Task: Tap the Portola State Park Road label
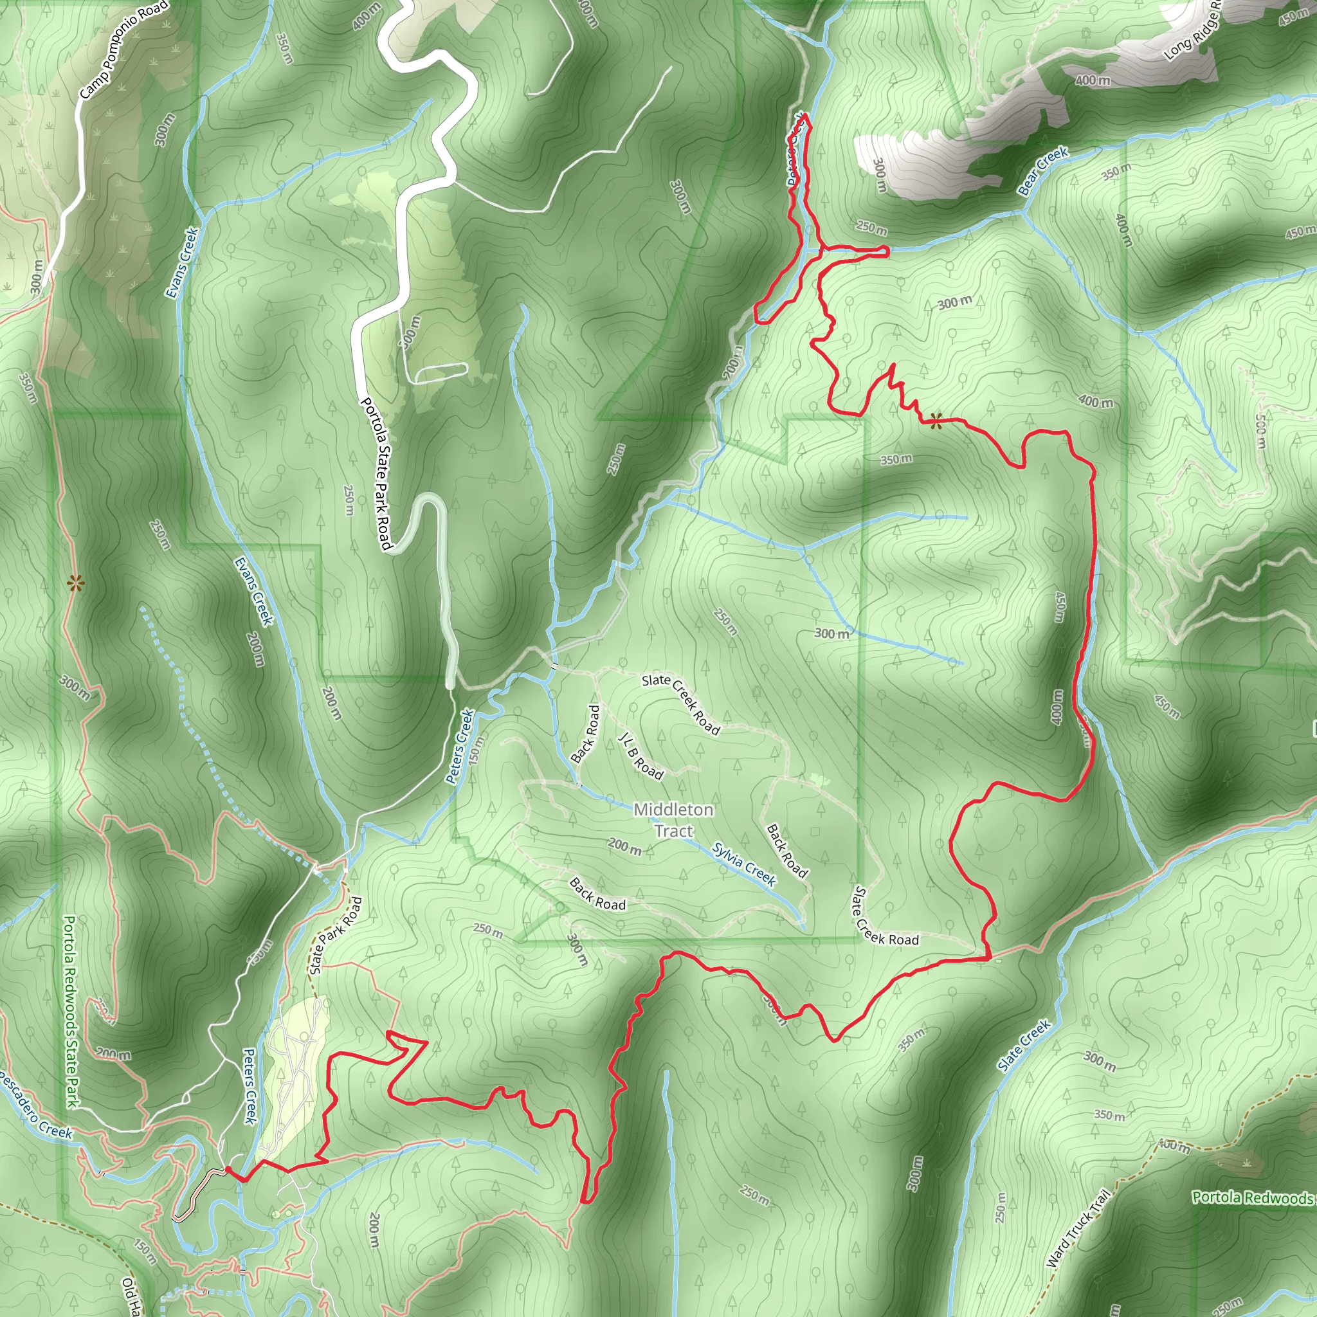[x=376, y=473]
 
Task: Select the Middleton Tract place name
[x=673, y=819]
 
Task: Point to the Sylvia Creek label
[x=745, y=864]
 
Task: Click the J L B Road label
[x=640, y=756]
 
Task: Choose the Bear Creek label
[x=1043, y=171]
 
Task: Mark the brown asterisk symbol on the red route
[x=936, y=421]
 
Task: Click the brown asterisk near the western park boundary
[x=75, y=583]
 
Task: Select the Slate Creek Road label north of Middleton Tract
[x=680, y=704]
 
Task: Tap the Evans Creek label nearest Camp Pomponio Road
[x=183, y=262]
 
